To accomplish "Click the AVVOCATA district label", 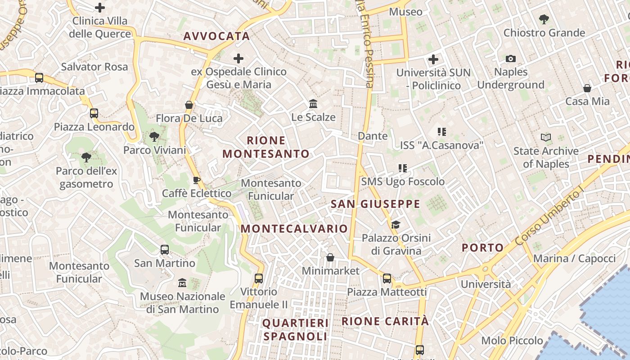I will (216, 36).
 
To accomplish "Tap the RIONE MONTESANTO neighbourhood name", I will (266, 147).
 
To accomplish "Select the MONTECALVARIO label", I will (294, 229).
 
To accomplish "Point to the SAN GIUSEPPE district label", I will (375, 204).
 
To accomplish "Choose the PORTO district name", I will (483, 247).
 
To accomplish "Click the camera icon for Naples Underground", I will (510, 58).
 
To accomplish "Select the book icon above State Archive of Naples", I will (546, 137).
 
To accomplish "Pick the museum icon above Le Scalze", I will (313, 104).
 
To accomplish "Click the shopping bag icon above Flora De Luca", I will (189, 105).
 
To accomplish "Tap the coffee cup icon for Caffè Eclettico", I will (196, 180).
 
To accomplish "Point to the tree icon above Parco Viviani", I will (155, 136).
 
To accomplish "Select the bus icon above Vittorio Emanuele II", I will (259, 278).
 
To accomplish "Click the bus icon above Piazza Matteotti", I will (387, 279).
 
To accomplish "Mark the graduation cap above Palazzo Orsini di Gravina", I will (396, 225).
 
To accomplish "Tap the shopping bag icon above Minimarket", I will (330, 257).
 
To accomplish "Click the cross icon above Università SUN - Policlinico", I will (433, 59).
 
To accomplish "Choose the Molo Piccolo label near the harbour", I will (512, 341).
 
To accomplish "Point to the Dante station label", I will (373, 136).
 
